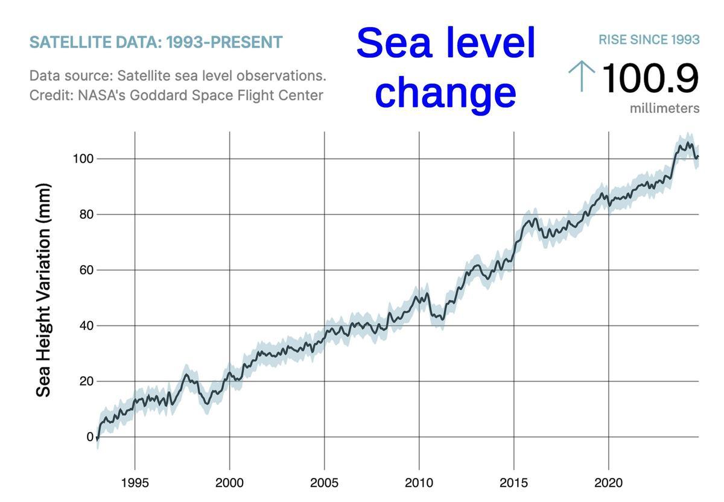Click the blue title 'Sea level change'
click(446, 67)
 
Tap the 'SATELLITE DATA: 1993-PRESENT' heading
click(156, 43)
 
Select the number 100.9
click(650, 78)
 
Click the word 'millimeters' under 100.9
click(664, 108)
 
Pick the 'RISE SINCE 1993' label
click(649, 40)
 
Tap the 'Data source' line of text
click(177, 77)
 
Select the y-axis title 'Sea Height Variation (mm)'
click(43, 290)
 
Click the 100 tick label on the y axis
click(82, 159)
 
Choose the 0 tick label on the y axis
click(90, 437)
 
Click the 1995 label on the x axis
click(135, 483)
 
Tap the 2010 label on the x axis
click(419, 483)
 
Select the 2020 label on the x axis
click(608, 483)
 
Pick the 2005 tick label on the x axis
click(324, 483)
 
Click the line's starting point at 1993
click(97, 439)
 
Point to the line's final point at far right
click(697, 157)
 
